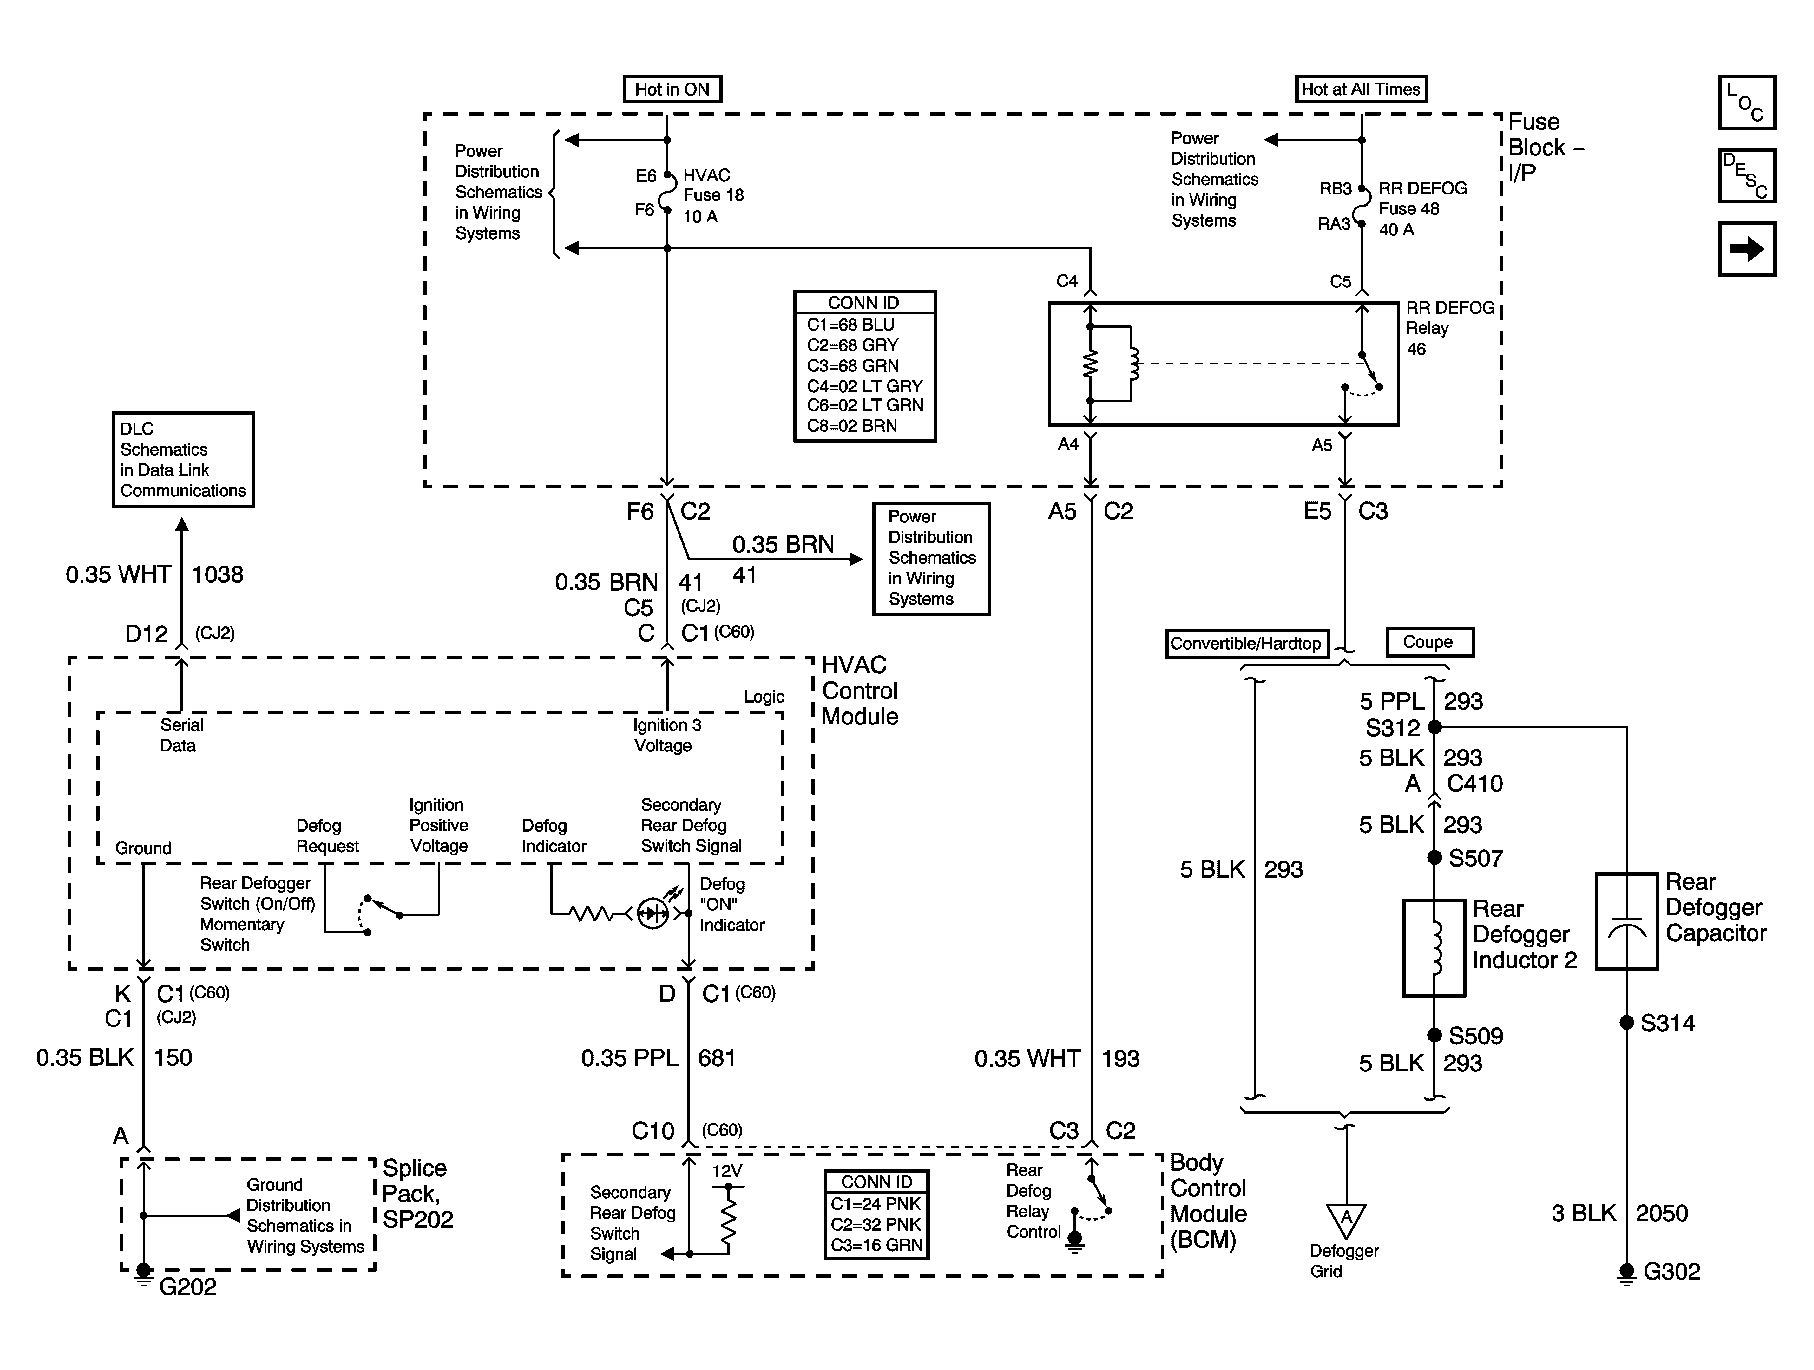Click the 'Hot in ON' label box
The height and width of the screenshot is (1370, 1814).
coord(672,89)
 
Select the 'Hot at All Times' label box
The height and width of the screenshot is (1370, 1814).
coord(1361,89)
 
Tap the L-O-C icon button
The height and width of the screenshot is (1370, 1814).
coord(1747,103)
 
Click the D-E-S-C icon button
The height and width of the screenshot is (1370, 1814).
coord(1747,175)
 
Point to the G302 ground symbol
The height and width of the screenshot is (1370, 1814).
coord(1627,1274)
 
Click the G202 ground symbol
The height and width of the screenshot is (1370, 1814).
coord(143,1273)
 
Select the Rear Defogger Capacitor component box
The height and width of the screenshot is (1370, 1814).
coord(1627,921)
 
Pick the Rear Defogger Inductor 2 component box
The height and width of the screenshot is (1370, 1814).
coord(1434,948)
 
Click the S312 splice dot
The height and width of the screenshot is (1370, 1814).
coord(1434,727)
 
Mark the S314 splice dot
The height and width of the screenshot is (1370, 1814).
coord(1627,1022)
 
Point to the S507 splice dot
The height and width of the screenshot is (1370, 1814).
coord(1434,857)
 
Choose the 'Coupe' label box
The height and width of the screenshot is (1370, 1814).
coord(1429,642)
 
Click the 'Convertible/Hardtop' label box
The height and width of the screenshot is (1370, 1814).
coord(1246,643)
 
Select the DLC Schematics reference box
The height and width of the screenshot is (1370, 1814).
coord(183,460)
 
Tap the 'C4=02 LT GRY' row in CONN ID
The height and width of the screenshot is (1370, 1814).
coord(865,386)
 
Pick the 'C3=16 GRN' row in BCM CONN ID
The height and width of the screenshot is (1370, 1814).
coord(876,1245)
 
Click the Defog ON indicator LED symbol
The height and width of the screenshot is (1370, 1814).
coord(653,912)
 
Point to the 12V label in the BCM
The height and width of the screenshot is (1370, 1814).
coord(727,1170)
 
